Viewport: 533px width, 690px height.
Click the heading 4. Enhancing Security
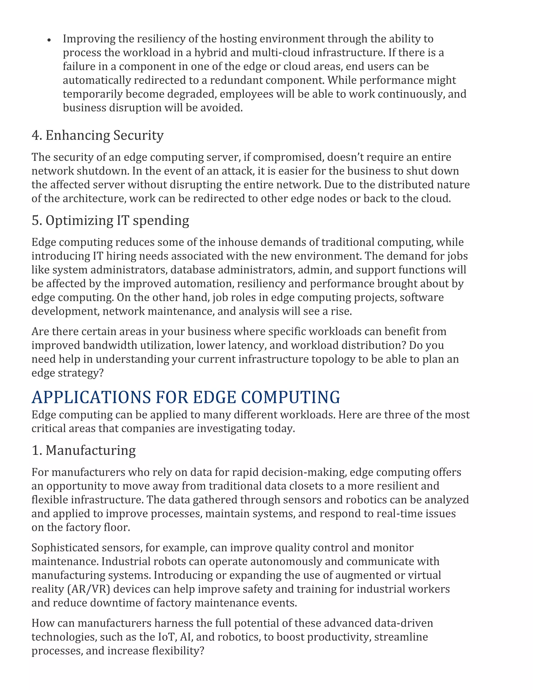click(x=98, y=135)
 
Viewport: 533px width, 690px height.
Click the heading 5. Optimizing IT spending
click(x=110, y=220)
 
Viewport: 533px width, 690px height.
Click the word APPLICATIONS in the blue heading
click(x=91, y=397)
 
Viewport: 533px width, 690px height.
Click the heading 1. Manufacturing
click(x=84, y=450)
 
